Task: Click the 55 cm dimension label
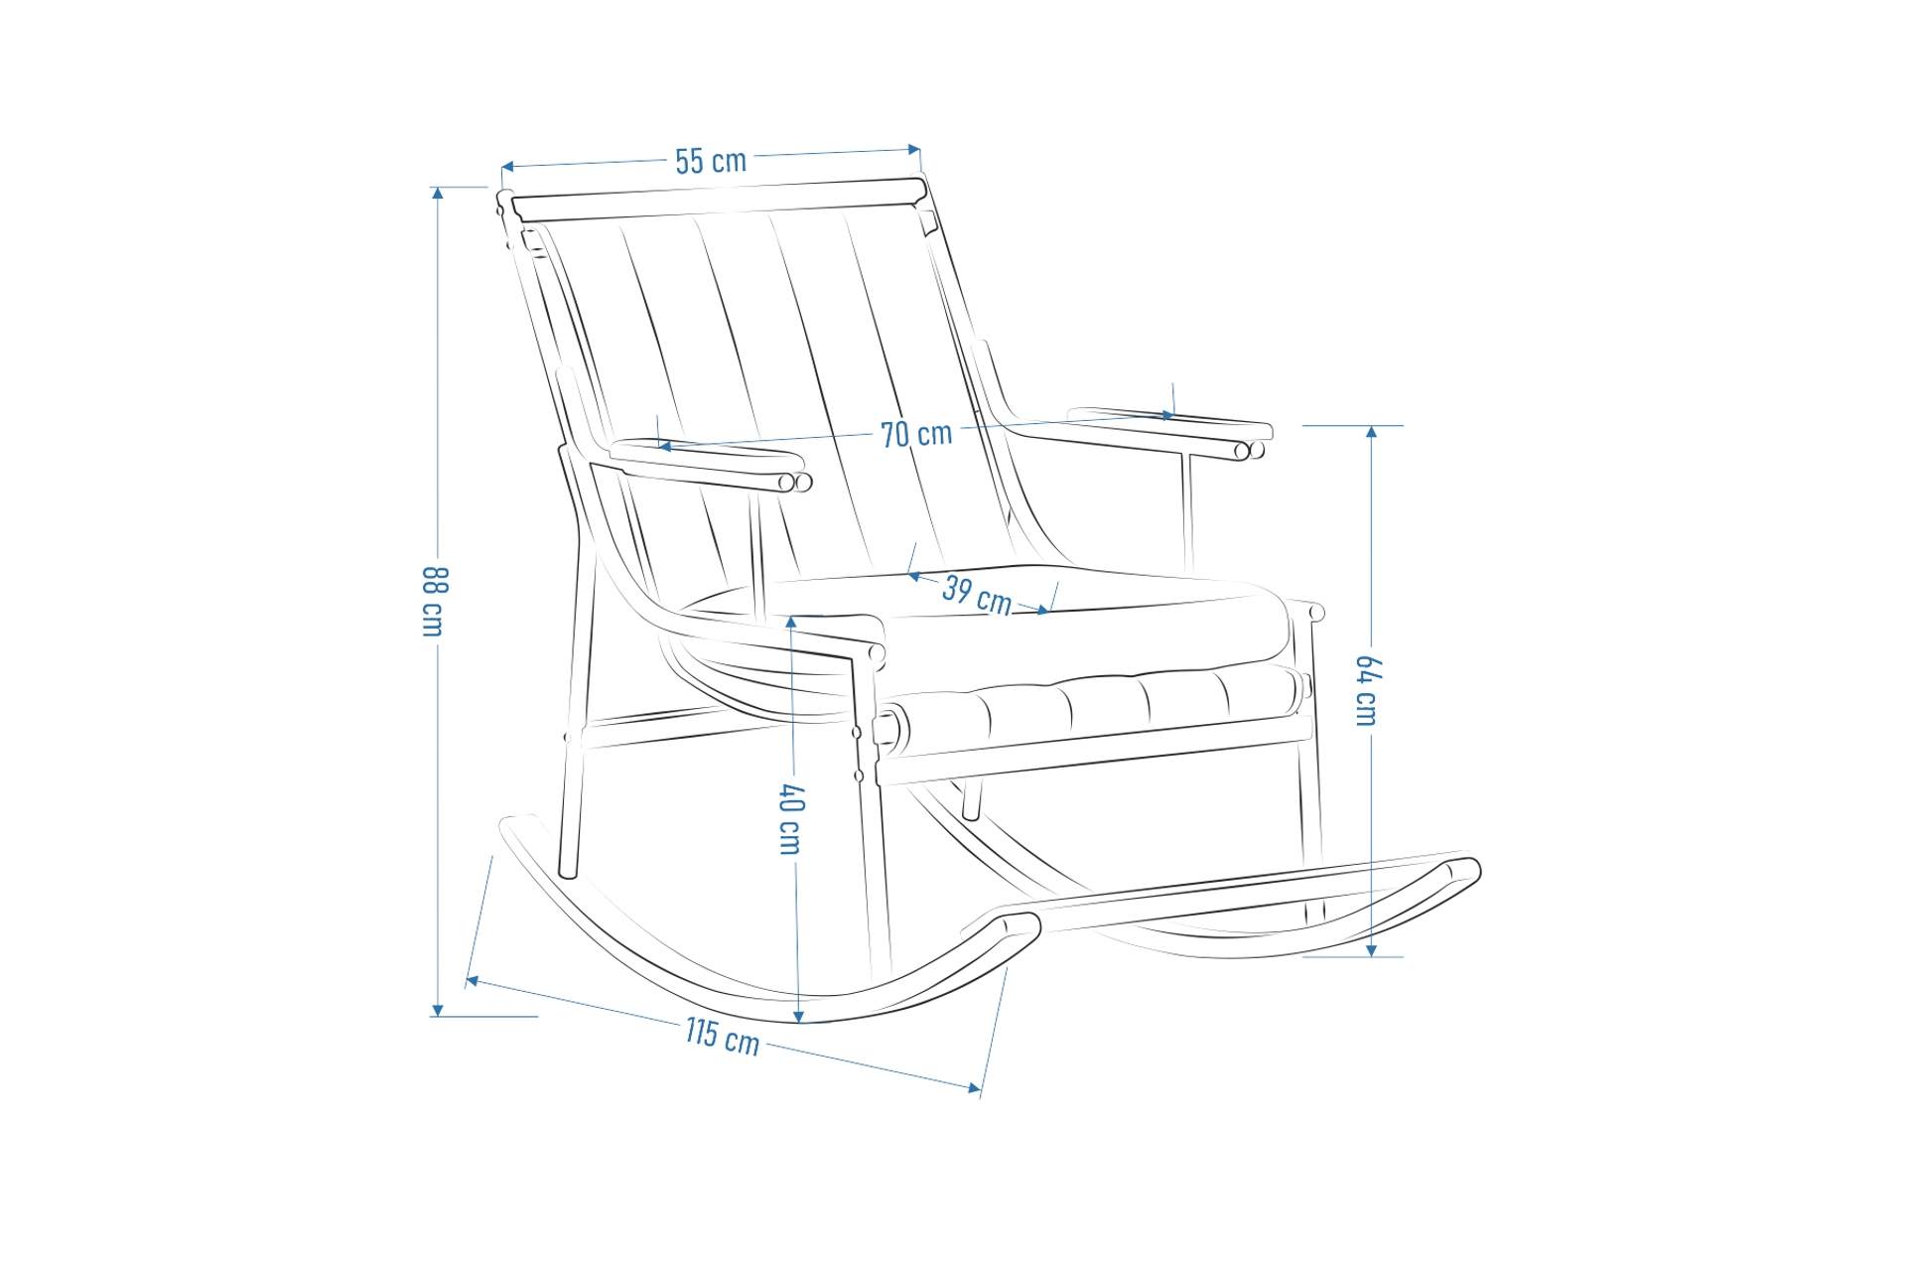[711, 161]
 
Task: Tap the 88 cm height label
[435, 602]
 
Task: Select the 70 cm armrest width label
[916, 434]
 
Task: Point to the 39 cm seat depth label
[977, 595]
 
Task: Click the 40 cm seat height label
[790, 819]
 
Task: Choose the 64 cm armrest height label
[1367, 691]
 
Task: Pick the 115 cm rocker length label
[723, 1037]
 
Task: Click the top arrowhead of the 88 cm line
[437, 194]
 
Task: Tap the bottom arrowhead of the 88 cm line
[437, 1010]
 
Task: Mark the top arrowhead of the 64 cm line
[1371, 432]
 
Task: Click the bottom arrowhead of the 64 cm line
[1371, 950]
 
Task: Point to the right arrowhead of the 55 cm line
[914, 150]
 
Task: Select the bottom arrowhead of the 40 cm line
[799, 1016]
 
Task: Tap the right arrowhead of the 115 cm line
[975, 1087]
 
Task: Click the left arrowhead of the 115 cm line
[473, 981]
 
